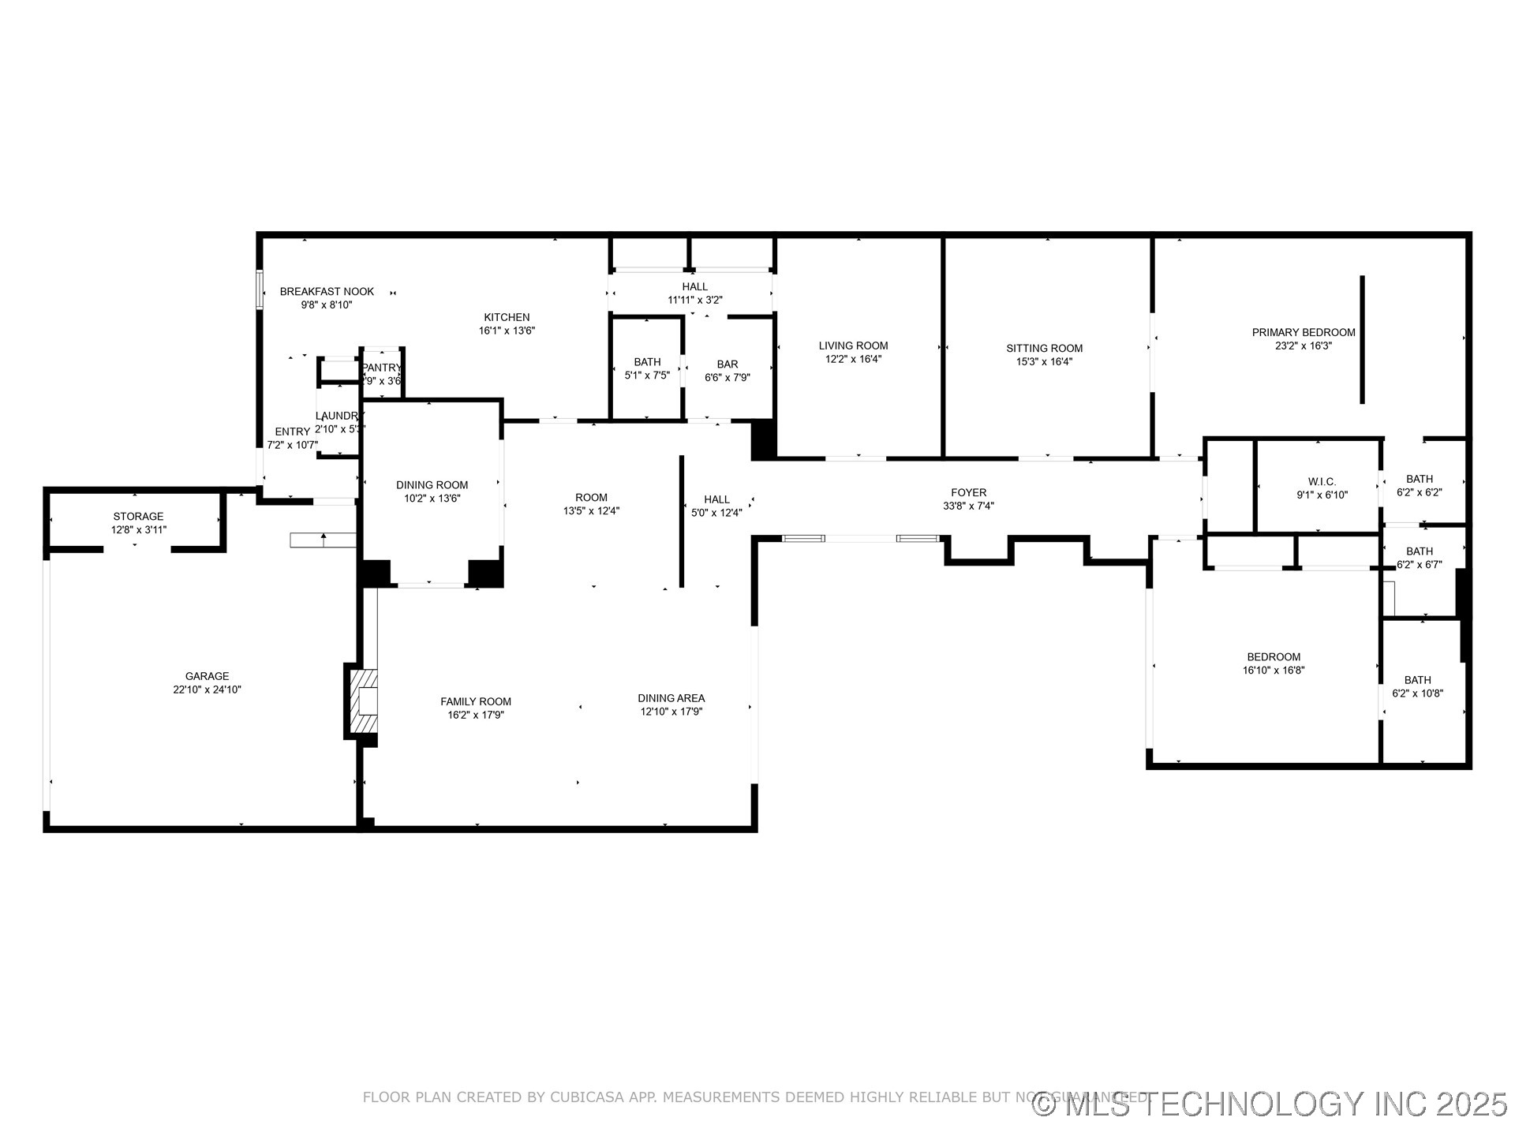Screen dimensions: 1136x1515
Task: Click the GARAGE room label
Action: pyautogui.click(x=207, y=676)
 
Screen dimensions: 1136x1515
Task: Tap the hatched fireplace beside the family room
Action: pyautogui.click(x=365, y=701)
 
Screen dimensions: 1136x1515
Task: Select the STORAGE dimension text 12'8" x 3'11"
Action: pyautogui.click(x=139, y=530)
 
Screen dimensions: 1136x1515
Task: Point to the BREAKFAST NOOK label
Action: pyautogui.click(x=327, y=292)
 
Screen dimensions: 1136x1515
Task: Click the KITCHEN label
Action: pyautogui.click(x=507, y=317)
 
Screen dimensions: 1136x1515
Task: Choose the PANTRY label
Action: pyautogui.click(x=382, y=368)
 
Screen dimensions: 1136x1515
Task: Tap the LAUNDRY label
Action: pyautogui.click(x=339, y=416)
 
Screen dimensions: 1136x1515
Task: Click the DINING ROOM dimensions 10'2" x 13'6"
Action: pyautogui.click(x=432, y=499)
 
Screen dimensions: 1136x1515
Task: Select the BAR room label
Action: pyautogui.click(x=727, y=364)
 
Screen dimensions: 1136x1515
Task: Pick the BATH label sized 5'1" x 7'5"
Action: pyautogui.click(x=647, y=362)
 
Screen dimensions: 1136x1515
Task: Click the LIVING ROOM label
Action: pyautogui.click(x=853, y=346)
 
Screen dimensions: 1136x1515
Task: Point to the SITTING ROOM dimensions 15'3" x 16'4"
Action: pyautogui.click(x=1044, y=362)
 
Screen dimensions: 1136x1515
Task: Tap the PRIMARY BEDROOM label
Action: pyautogui.click(x=1304, y=332)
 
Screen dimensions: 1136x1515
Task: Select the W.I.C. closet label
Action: pyautogui.click(x=1322, y=481)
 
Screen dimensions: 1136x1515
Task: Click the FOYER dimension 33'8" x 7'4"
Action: pyautogui.click(x=968, y=506)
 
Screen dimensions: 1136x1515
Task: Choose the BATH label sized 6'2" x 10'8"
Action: pyautogui.click(x=1417, y=680)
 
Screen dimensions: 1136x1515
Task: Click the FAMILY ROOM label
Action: pyautogui.click(x=476, y=701)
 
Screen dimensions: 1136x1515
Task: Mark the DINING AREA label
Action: pyautogui.click(x=671, y=698)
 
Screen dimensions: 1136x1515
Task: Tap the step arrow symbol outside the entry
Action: pyautogui.click(x=324, y=540)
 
